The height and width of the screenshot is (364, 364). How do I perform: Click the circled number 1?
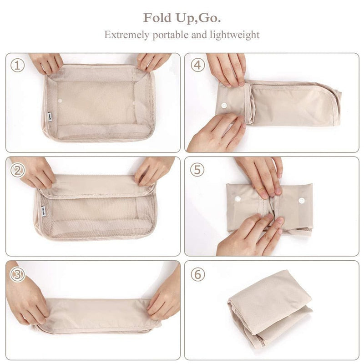(x=17, y=65)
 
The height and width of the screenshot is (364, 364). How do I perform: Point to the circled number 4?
(x=197, y=65)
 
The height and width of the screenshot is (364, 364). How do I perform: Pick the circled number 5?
(x=197, y=170)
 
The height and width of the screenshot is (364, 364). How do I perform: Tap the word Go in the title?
(x=211, y=18)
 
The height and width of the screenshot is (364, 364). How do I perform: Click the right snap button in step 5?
(x=302, y=201)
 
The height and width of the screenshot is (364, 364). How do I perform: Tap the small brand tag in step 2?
(x=41, y=207)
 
